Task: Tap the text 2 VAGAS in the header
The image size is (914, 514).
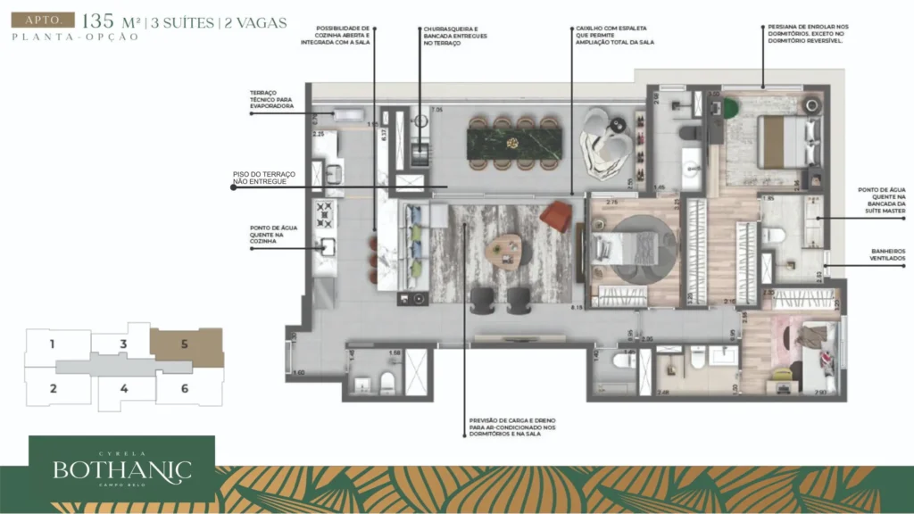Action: click(254, 22)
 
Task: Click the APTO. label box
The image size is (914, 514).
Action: click(40, 20)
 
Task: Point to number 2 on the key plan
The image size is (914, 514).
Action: click(54, 388)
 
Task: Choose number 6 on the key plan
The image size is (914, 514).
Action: click(184, 388)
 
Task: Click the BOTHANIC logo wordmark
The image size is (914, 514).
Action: click(121, 468)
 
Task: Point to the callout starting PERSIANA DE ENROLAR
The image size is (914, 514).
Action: click(806, 34)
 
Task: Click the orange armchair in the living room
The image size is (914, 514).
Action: click(556, 214)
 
